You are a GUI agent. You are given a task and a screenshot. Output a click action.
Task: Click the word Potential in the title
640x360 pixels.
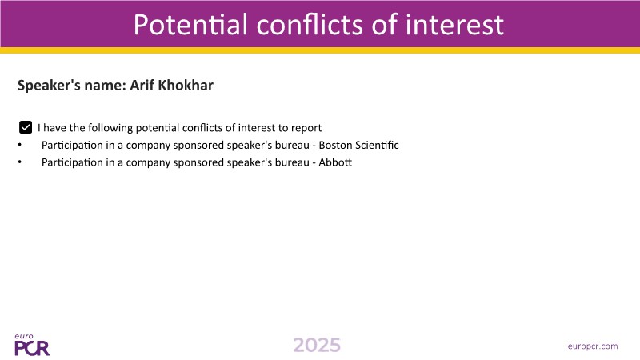click(190, 25)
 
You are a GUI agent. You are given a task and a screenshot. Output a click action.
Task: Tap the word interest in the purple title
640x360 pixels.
click(454, 25)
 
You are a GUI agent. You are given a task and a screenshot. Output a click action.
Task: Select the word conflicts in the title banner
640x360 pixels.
click(310, 25)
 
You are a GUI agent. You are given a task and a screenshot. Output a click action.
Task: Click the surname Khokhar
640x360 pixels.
click(186, 85)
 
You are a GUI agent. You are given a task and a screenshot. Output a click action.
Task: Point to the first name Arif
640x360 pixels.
click(142, 85)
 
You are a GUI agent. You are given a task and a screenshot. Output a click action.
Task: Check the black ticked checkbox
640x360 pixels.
click(26, 127)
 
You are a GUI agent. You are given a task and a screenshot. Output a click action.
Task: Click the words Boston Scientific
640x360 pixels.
click(358, 145)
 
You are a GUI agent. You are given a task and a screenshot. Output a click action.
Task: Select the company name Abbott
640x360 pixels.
click(335, 162)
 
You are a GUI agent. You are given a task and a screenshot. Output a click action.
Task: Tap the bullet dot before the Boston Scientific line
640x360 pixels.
click(19, 145)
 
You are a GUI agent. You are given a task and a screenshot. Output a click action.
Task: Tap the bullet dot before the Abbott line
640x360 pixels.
click(19, 162)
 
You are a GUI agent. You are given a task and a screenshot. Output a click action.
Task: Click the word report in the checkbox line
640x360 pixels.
click(306, 128)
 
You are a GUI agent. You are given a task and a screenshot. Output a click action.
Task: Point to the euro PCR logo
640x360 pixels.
click(32, 345)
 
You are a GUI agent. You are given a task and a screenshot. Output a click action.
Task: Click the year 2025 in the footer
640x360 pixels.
click(317, 346)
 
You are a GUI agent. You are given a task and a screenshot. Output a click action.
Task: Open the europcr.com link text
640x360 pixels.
click(593, 346)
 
